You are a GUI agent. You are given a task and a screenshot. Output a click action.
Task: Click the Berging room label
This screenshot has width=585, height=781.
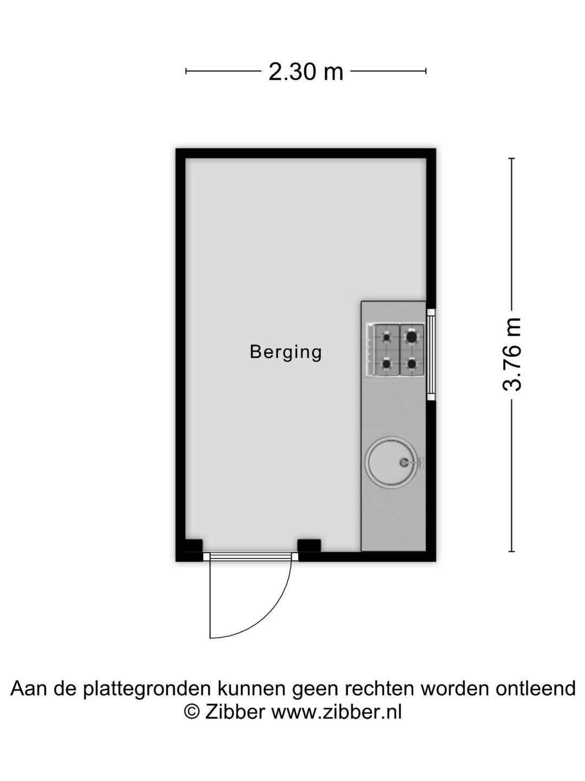pyautogui.click(x=285, y=352)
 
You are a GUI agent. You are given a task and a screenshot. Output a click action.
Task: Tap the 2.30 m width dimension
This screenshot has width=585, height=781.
pyautogui.click(x=306, y=72)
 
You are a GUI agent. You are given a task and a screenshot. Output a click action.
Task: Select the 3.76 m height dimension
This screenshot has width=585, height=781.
pyautogui.click(x=512, y=354)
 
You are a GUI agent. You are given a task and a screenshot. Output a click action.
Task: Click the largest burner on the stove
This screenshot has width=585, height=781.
pyautogui.click(x=412, y=337)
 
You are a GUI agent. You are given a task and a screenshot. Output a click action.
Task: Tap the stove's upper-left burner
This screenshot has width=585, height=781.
pyautogui.click(x=386, y=337)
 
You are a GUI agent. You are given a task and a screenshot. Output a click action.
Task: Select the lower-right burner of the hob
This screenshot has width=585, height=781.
pyautogui.click(x=412, y=363)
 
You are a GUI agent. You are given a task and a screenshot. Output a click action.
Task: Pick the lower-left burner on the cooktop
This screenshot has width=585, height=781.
pyautogui.click(x=386, y=363)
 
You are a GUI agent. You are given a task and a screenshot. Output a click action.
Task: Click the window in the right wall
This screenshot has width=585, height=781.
pyautogui.click(x=431, y=355)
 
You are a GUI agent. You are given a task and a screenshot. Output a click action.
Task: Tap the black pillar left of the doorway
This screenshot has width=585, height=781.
pyautogui.click(x=193, y=546)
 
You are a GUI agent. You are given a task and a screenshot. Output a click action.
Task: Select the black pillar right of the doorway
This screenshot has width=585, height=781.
pyautogui.click(x=309, y=546)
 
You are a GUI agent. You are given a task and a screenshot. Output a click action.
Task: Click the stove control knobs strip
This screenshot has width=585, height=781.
pyautogui.click(x=370, y=350)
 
